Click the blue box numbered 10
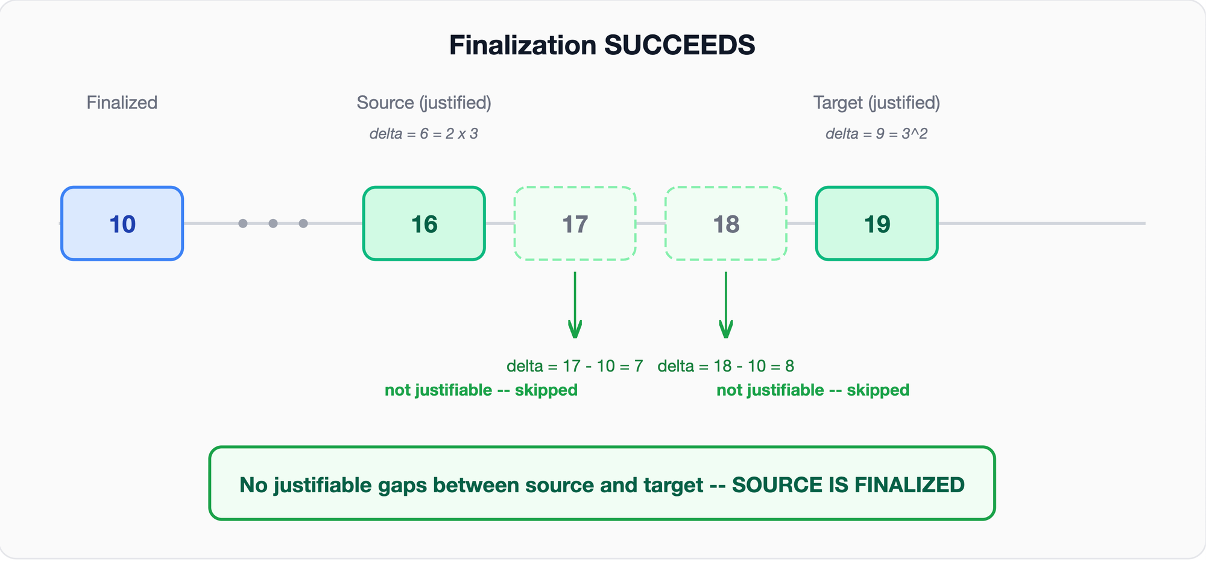(x=122, y=224)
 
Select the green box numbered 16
(x=424, y=224)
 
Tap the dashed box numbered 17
(x=575, y=224)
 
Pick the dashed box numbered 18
(x=726, y=224)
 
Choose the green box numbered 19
(x=877, y=224)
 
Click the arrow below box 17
(x=575, y=305)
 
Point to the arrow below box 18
(x=726, y=305)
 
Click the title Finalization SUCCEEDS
(x=602, y=45)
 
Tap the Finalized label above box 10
(x=122, y=103)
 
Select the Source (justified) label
(x=424, y=103)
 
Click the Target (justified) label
(x=877, y=103)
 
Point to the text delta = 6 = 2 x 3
(x=424, y=133)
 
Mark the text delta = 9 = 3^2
(x=877, y=133)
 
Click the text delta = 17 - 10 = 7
(x=575, y=366)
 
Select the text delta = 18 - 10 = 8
(x=726, y=366)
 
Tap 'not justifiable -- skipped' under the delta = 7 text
(x=481, y=390)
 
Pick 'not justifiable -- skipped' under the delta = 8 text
(x=813, y=390)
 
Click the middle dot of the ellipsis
(x=273, y=224)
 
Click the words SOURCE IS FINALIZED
(x=848, y=485)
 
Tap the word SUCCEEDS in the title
(x=680, y=45)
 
